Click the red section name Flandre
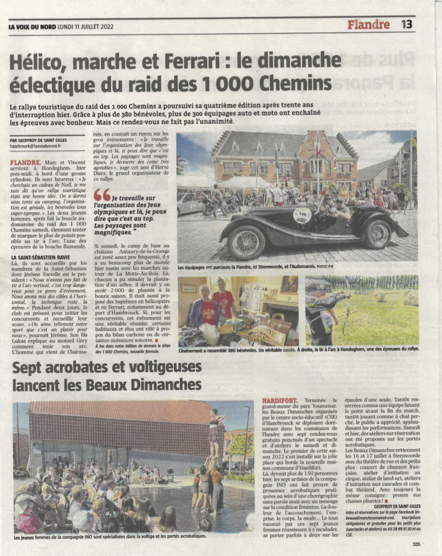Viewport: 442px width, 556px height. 368,25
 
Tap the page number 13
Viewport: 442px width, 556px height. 407,24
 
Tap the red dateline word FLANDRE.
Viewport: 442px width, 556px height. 25,162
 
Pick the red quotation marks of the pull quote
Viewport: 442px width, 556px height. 102,194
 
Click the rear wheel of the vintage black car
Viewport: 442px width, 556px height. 378,234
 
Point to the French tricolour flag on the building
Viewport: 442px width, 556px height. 317,148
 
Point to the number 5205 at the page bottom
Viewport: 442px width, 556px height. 416,544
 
